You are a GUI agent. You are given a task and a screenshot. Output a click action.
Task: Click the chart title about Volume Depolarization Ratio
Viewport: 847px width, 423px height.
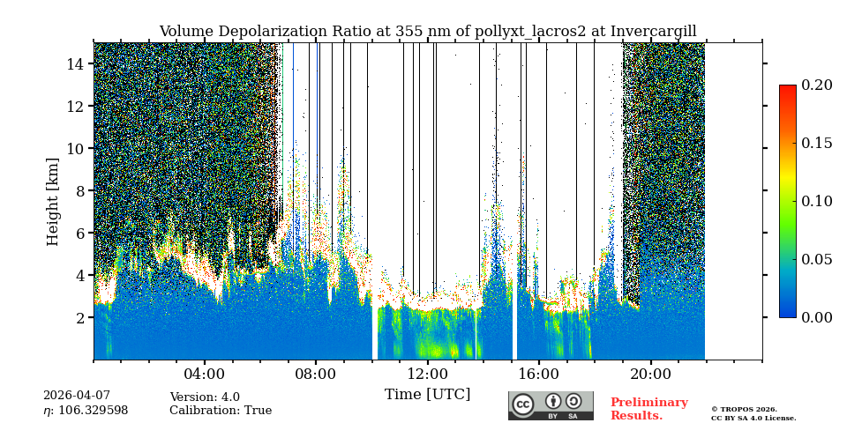click(x=427, y=32)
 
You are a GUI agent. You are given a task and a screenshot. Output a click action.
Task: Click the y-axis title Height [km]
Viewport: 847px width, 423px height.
click(x=53, y=201)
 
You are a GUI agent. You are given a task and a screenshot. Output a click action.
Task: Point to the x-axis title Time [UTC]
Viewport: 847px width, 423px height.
click(x=427, y=394)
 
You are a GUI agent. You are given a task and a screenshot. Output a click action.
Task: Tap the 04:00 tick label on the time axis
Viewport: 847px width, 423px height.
click(x=205, y=374)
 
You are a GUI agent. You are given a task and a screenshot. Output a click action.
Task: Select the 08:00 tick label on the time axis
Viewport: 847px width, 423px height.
click(x=316, y=374)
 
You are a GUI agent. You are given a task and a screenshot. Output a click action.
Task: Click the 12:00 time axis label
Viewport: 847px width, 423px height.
click(x=427, y=374)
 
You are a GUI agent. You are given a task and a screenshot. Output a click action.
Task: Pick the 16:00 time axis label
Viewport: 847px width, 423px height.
click(x=538, y=374)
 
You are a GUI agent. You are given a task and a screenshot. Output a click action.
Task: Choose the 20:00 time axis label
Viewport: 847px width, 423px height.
click(x=650, y=374)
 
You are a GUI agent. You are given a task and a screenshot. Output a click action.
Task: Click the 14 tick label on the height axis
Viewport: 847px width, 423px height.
click(x=75, y=63)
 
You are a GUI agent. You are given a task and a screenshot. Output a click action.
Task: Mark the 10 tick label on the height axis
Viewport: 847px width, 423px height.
click(x=75, y=148)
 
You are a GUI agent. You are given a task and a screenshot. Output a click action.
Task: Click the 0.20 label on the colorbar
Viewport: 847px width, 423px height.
click(x=816, y=85)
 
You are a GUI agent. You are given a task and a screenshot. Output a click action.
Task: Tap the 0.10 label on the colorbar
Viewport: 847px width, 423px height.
click(x=816, y=201)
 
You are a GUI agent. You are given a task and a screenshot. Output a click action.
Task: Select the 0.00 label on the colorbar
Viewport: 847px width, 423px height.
click(x=816, y=317)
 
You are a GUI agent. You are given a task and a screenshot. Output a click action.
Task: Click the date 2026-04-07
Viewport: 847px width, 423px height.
click(x=77, y=396)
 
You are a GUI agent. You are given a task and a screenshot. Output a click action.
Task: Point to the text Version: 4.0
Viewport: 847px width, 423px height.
click(x=206, y=397)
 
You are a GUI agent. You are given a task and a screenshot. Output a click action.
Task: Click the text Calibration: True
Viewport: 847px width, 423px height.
click(x=221, y=411)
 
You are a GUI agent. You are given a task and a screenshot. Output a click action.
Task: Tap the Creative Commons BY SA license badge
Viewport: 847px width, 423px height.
click(x=551, y=405)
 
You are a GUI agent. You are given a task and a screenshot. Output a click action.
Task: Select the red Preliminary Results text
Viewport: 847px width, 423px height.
click(x=648, y=409)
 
